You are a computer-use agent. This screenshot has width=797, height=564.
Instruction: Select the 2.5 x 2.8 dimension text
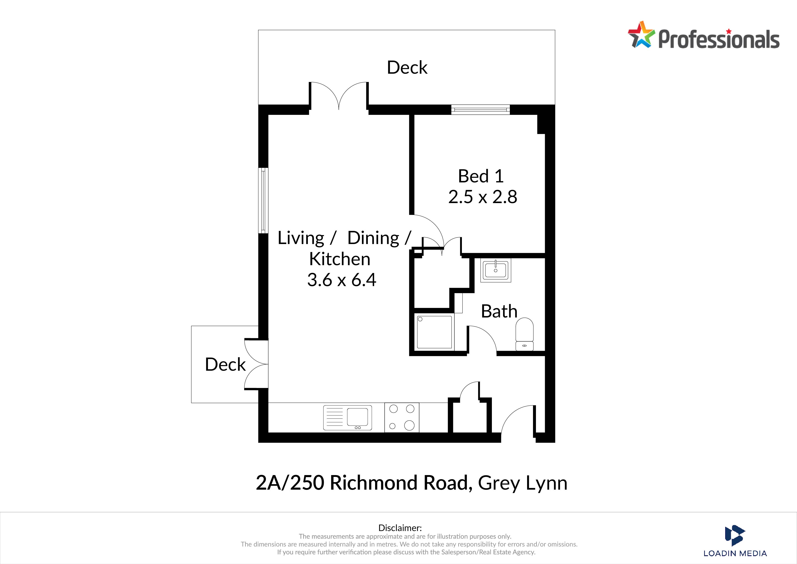click(483, 197)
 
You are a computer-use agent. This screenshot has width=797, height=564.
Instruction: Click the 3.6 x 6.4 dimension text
click(341, 280)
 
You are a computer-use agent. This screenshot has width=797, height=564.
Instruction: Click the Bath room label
click(499, 311)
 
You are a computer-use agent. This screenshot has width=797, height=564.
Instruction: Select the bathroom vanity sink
click(496, 270)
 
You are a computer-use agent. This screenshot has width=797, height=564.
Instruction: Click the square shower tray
click(434, 332)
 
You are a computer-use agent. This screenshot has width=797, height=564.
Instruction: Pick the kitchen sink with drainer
click(347, 417)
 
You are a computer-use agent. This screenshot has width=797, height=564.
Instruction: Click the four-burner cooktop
click(402, 417)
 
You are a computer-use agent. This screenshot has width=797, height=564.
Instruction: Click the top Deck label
click(407, 67)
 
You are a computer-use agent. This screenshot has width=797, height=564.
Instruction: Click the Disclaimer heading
click(400, 528)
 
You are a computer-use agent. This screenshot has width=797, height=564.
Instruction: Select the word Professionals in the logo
click(719, 39)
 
